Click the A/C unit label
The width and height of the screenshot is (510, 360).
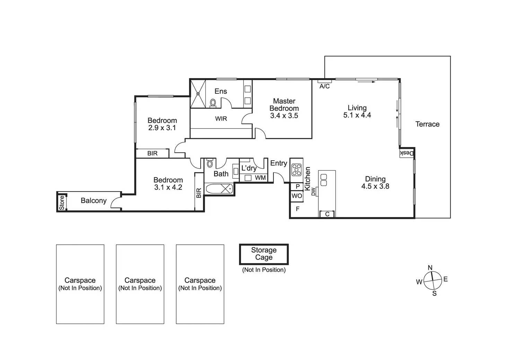pyautogui.click(x=325, y=86)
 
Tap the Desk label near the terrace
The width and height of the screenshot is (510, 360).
pyautogui.click(x=407, y=153)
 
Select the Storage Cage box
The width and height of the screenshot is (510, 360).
pyautogui.click(x=264, y=254)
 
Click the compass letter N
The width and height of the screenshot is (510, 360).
pyautogui.click(x=430, y=268)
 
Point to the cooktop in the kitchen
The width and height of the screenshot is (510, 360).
pyautogui.click(x=297, y=170)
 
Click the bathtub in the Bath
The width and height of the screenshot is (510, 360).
pyautogui.click(x=219, y=189)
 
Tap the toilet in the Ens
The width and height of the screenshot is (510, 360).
pyautogui.click(x=213, y=103)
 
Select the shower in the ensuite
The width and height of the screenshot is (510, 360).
pyautogui.click(x=198, y=93)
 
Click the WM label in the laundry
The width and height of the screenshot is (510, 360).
pyautogui.click(x=260, y=178)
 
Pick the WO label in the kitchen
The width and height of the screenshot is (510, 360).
pyautogui.click(x=297, y=196)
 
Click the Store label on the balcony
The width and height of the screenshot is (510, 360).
pyautogui.click(x=62, y=202)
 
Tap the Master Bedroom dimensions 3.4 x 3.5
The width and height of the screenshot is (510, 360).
pyautogui.click(x=284, y=116)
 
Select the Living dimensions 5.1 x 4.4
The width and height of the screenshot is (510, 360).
pyautogui.click(x=357, y=115)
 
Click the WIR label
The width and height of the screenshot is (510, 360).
pyautogui.click(x=221, y=119)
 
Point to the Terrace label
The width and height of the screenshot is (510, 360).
pyautogui.click(x=427, y=124)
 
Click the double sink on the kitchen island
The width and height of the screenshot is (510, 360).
pyautogui.click(x=324, y=180)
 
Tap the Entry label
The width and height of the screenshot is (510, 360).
pyautogui.click(x=279, y=163)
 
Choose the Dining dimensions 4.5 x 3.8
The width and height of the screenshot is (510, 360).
pyautogui.click(x=375, y=186)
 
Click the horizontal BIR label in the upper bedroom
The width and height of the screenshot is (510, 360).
pyautogui.click(x=152, y=153)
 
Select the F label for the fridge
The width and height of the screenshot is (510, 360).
pyautogui.click(x=297, y=209)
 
